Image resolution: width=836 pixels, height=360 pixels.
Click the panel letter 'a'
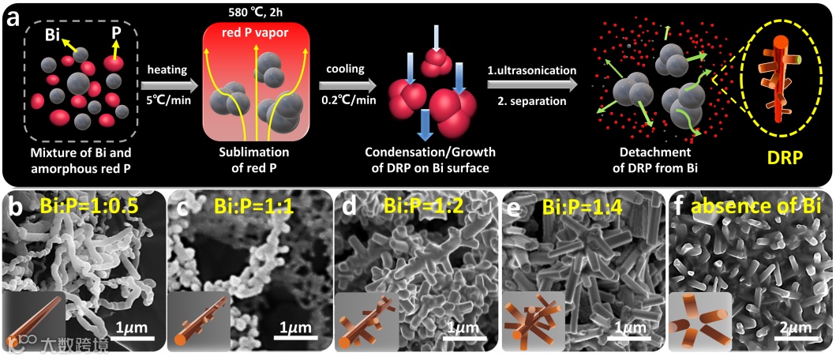pyautogui.click(x=13, y=17)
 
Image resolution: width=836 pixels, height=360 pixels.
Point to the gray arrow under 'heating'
pyautogui.click(x=167, y=83)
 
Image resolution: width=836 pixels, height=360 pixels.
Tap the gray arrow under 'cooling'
pyautogui.click(x=348, y=83)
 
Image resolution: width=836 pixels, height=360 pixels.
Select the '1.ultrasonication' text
pyautogui.click(x=531, y=70)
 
